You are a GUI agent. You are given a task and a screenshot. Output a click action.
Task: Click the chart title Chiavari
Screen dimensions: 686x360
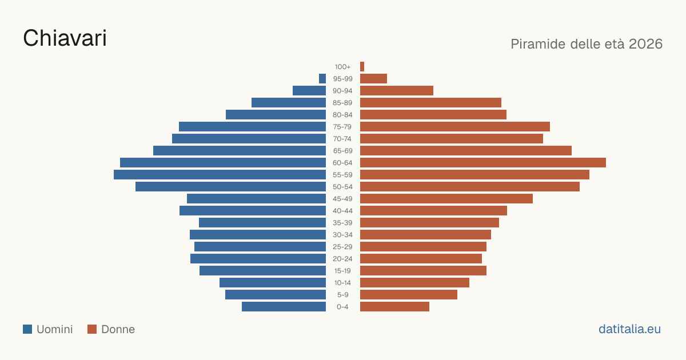pyautogui.click(x=65, y=38)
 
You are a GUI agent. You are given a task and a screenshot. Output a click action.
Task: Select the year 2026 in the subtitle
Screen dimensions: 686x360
pyautogui.click(x=645, y=44)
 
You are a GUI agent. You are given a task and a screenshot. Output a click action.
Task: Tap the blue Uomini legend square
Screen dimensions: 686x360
pyautogui.click(x=27, y=329)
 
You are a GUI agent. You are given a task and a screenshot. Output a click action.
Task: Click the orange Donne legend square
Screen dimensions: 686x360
pyautogui.click(x=92, y=329)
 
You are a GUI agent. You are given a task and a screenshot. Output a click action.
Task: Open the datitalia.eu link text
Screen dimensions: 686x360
pyautogui.click(x=629, y=329)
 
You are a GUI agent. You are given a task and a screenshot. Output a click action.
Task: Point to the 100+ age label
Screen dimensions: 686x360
pyautogui.click(x=342, y=67)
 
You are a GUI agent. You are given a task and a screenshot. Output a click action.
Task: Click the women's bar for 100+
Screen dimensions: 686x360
pyautogui.click(x=362, y=67)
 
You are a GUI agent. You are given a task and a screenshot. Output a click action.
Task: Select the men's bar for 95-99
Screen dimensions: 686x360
pyautogui.click(x=322, y=79)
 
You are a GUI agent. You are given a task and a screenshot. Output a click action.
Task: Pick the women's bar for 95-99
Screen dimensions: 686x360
pyautogui.click(x=374, y=79)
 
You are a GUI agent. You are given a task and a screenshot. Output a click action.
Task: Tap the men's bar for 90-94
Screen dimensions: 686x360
pyautogui.click(x=309, y=91)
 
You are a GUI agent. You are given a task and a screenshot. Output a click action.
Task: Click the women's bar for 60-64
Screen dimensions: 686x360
pyautogui.click(x=483, y=162)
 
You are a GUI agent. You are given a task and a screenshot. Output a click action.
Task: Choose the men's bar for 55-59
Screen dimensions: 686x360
pyautogui.click(x=220, y=174)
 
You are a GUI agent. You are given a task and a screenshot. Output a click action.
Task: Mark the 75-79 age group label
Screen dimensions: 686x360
pyautogui.click(x=342, y=127)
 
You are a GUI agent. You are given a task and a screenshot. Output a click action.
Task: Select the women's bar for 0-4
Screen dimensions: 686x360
pyautogui.click(x=395, y=307)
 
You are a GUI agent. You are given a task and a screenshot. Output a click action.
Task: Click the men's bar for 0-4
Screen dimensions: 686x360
pyautogui.click(x=284, y=307)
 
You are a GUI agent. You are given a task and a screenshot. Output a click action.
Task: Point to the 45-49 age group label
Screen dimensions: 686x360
pyautogui.click(x=342, y=199)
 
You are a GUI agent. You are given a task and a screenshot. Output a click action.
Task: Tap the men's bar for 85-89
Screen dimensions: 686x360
pyautogui.click(x=289, y=102)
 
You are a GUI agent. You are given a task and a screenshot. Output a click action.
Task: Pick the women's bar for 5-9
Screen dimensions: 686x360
pyautogui.click(x=409, y=295)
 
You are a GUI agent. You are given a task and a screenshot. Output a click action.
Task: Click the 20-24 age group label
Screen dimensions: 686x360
pyautogui.click(x=342, y=259)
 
